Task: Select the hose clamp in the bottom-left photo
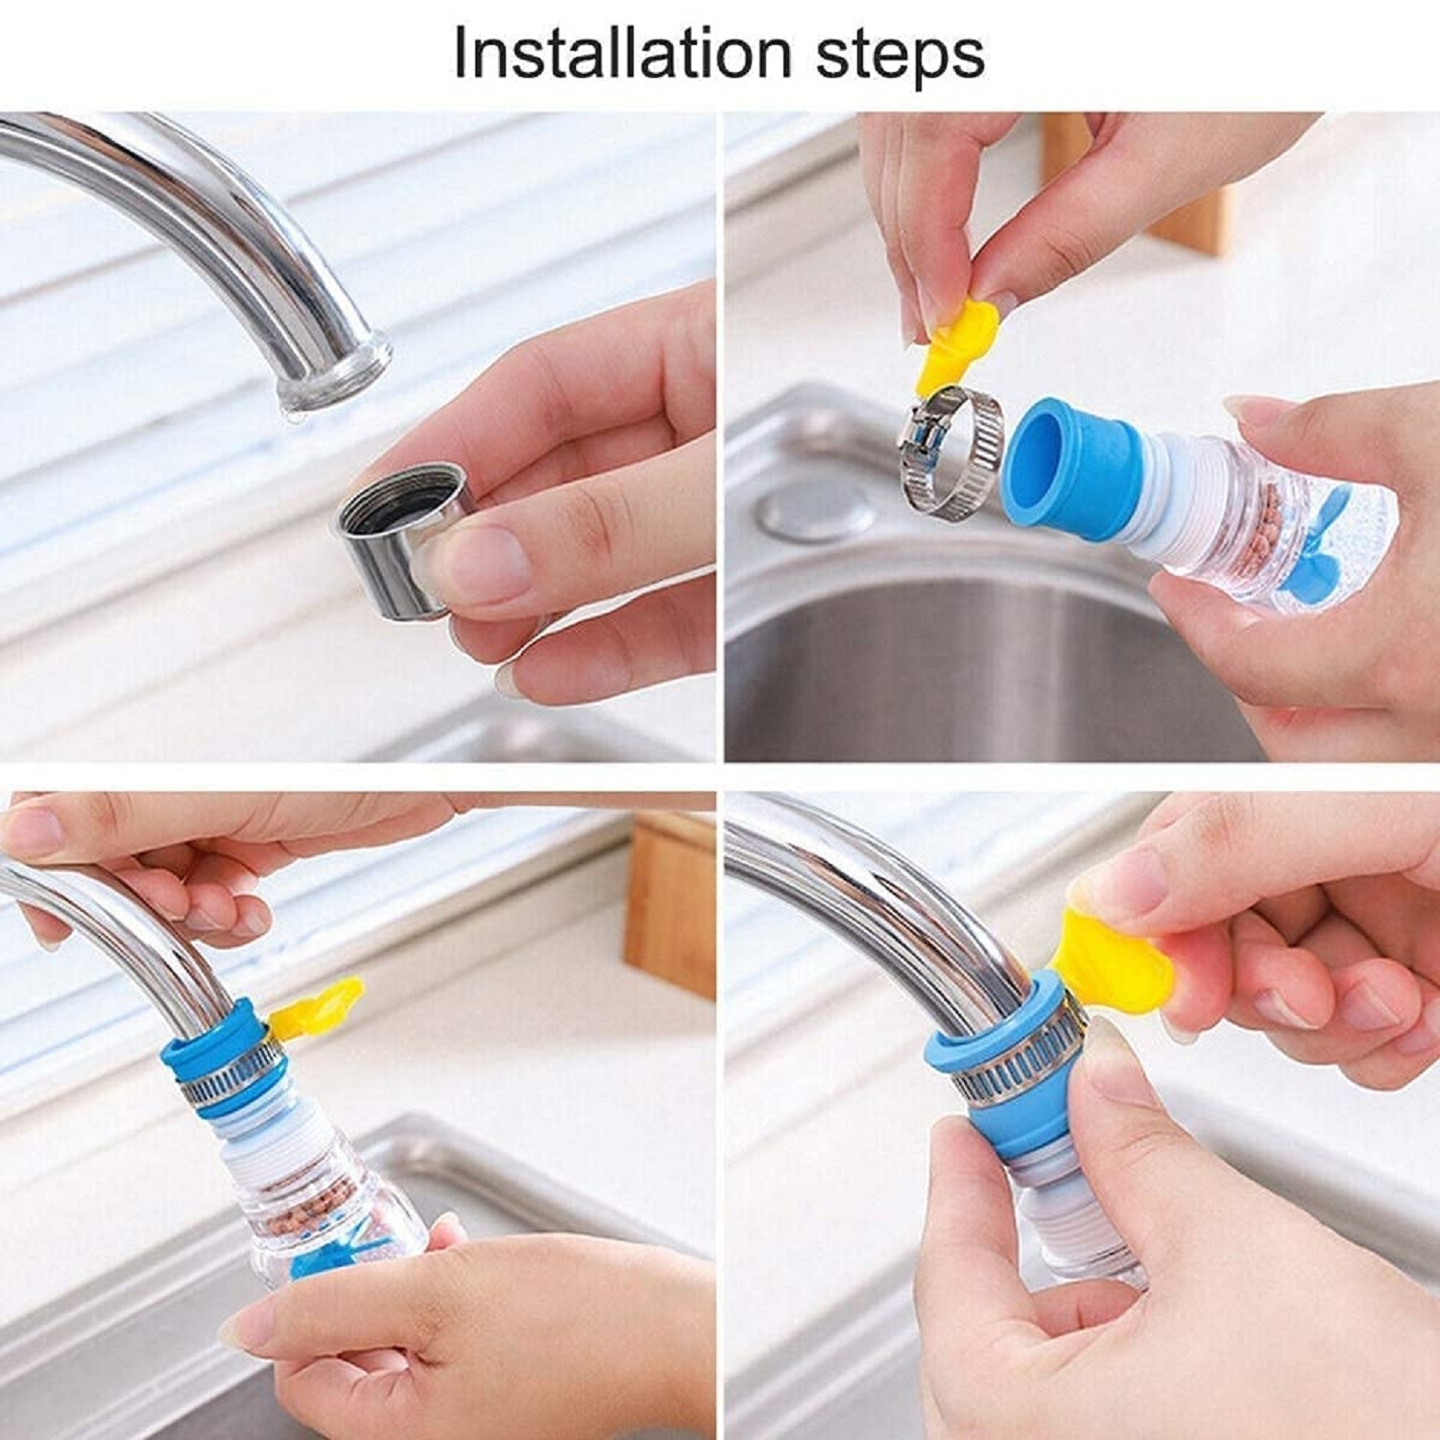(x=230, y=1075)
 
